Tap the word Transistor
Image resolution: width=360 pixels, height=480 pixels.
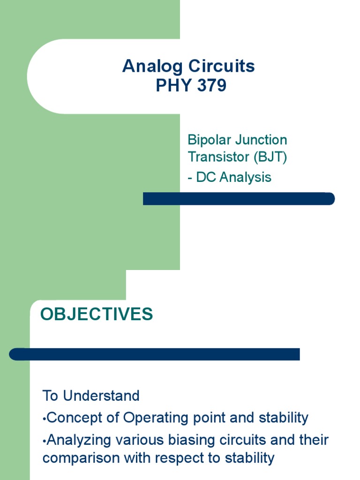click(218, 157)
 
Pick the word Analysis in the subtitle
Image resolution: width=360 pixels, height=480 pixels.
click(246, 177)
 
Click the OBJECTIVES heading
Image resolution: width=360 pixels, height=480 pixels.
click(97, 314)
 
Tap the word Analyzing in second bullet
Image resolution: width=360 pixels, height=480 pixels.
click(79, 440)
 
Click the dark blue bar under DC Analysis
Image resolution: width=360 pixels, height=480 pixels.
click(239, 199)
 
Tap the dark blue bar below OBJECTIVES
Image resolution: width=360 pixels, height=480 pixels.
click(155, 354)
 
